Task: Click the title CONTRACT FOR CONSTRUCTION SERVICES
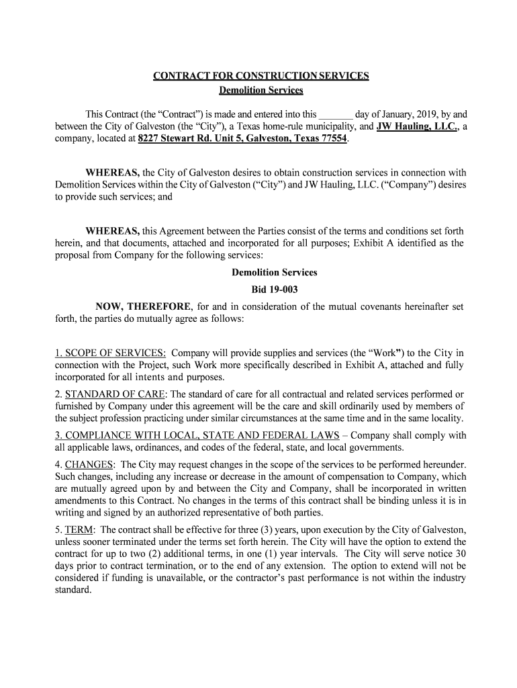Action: pos(261,76)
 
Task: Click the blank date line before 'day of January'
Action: pos(336,114)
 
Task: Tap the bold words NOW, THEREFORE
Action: pos(144,307)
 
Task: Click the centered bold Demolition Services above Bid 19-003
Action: pos(274,273)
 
